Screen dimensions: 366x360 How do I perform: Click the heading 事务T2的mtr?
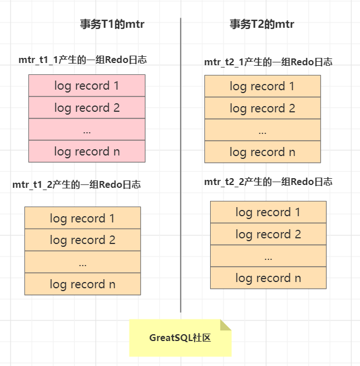[x=261, y=24]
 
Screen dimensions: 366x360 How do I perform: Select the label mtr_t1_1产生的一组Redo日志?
[x=82, y=60]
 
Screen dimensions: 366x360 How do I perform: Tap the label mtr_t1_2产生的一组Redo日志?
[x=77, y=184]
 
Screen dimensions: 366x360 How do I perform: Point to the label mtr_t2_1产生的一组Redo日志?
[x=268, y=62]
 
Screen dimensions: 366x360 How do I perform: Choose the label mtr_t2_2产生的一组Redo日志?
[x=268, y=182]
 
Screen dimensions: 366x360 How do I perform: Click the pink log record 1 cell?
[x=87, y=86]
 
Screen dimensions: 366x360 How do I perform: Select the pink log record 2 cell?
[x=87, y=108]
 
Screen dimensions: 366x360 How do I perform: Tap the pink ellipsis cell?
[x=87, y=130]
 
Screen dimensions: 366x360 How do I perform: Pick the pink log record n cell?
[x=87, y=152]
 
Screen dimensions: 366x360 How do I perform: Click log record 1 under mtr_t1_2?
[x=82, y=218]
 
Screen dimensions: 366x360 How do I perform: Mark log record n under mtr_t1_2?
[x=82, y=284]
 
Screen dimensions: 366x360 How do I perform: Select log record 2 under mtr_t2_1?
[x=262, y=108]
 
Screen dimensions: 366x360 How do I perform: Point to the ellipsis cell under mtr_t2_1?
[x=262, y=131]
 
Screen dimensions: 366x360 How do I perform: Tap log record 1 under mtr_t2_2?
[x=268, y=212]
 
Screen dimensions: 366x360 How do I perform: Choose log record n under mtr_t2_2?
[x=268, y=278]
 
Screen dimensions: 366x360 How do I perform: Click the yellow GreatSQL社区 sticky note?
[x=180, y=338]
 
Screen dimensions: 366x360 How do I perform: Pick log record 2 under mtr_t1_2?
[x=82, y=240]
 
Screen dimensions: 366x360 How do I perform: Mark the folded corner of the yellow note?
[x=225, y=325]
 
